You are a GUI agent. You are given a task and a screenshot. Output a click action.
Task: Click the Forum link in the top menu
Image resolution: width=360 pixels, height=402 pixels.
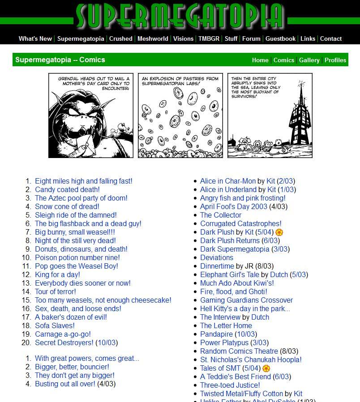pyautogui.click(x=251, y=38)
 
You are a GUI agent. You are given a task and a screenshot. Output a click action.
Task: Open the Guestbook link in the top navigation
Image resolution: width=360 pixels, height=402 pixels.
pyautogui.click(x=280, y=38)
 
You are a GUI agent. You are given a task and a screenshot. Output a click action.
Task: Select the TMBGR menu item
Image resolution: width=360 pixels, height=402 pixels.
pyautogui.click(x=209, y=38)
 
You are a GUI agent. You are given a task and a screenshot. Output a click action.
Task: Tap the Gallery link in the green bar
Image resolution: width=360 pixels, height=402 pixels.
pyautogui.click(x=309, y=60)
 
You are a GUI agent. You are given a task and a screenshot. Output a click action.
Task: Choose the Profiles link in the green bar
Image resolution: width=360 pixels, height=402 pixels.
pyautogui.click(x=335, y=60)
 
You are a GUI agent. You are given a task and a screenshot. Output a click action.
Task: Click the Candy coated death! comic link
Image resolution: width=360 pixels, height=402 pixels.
pyautogui.click(x=67, y=189)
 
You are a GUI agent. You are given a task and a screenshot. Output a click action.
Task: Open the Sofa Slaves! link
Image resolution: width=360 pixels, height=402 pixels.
pyautogui.click(x=55, y=325)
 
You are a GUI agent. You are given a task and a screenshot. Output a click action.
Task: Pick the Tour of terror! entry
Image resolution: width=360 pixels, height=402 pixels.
pyautogui.click(x=56, y=291)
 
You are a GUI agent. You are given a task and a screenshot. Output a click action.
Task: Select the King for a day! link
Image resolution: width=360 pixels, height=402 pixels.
pyautogui.click(x=57, y=274)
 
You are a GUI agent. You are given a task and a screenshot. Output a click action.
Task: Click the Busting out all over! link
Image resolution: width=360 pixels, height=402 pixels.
pyautogui.click(x=65, y=384)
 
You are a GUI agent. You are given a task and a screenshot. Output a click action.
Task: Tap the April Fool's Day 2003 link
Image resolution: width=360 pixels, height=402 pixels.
pyautogui.click(x=233, y=206)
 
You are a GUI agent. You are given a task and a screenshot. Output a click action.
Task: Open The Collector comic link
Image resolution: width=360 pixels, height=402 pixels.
pyautogui.click(x=221, y=215)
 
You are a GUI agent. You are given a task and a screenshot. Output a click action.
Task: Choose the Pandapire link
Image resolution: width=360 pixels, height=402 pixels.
pyautogui.click(x=216, y=334)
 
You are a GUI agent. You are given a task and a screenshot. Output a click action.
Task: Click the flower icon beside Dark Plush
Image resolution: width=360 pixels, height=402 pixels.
pyautogui.click(x=279, y=232)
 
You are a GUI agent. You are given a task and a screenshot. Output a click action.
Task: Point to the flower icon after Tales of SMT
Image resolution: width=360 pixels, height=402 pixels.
pyautogui.click(x=266, y=368)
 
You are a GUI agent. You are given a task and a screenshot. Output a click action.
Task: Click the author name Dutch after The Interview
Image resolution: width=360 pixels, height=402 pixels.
pyautogui.click(x=260, y=317)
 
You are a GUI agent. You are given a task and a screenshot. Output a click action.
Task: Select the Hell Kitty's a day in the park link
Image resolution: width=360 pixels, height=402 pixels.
pyautogui.click(x=245, y=308)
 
